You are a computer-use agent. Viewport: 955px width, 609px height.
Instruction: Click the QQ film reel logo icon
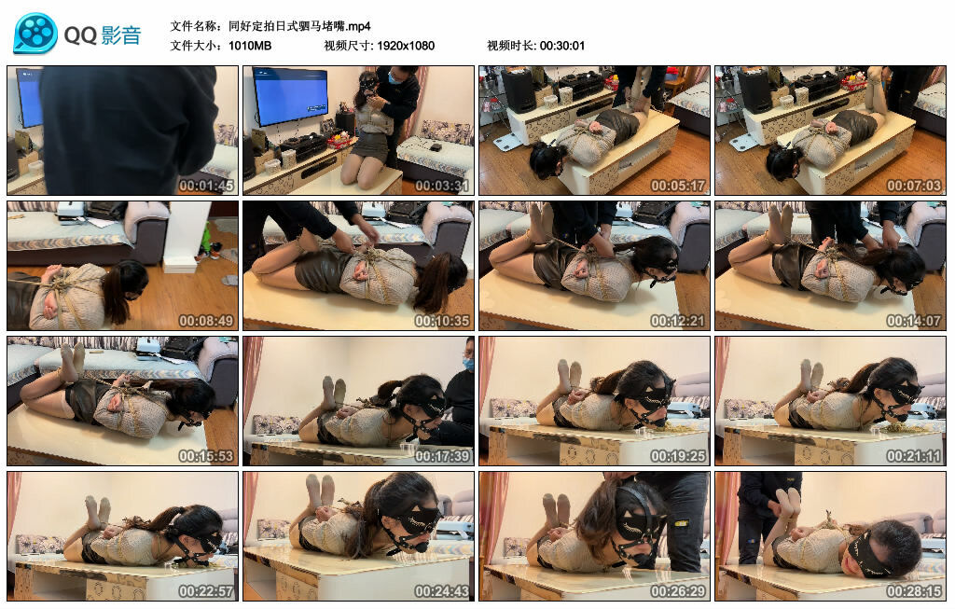(x=35, y=34)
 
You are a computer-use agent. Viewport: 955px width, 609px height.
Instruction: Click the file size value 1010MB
(x=250, y=46)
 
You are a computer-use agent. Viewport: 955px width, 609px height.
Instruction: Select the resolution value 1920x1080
(x=406, y=46)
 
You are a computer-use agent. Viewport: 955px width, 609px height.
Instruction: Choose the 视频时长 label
(x=510, y=46)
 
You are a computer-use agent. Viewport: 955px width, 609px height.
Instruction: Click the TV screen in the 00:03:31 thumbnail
(x=289, y=96)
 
